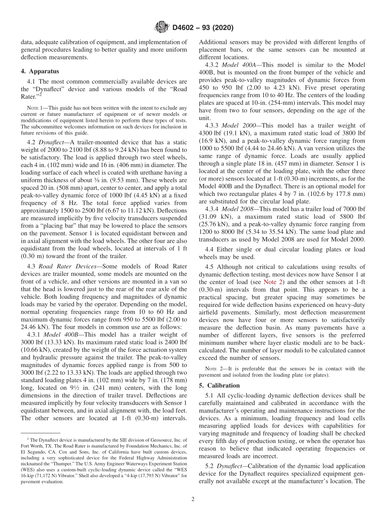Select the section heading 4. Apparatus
pos(40,71)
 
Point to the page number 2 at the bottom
pos(193,499)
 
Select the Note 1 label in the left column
pos(35,108)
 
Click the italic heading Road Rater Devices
pos(67,266)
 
